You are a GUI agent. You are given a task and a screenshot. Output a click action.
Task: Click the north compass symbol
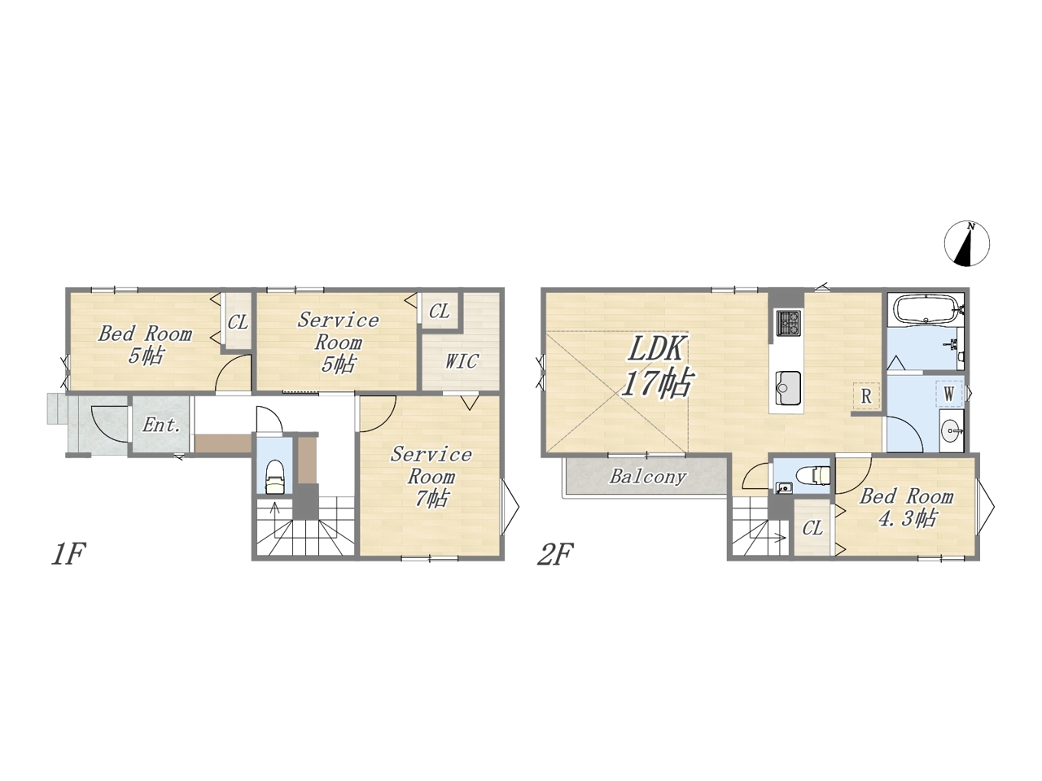(967, 244)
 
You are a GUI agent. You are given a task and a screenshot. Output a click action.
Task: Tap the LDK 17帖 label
(657, 366)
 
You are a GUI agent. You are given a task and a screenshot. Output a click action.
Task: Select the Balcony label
(647, 476)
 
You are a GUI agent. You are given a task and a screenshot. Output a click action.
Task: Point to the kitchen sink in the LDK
(788, 388)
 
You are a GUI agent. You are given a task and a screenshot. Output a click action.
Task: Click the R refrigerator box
(866, 396)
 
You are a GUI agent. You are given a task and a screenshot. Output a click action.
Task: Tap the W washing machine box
(948, 394)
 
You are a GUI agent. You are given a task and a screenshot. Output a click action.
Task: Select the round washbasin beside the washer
(952, 431)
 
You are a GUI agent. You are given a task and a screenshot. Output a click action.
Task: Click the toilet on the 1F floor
(274, 478)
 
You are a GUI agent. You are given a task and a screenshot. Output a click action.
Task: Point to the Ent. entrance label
(161, 425)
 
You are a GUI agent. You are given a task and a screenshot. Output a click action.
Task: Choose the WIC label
(462, 361)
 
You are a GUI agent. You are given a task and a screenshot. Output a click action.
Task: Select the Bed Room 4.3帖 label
(906, 507)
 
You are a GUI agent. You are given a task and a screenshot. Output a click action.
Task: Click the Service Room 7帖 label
(431, 476)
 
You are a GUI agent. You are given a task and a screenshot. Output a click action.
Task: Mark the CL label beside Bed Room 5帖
(238, 322)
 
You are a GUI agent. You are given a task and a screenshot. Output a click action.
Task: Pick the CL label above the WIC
(439, 311)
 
